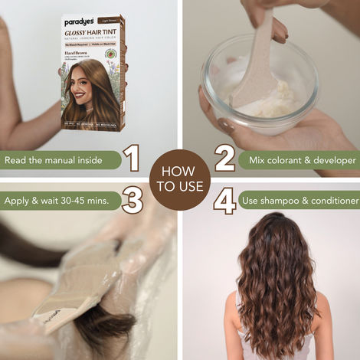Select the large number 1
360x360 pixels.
point(133,159)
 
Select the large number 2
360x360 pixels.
point(224,159)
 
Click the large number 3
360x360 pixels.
point(133,201)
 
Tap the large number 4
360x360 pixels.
point(224,201)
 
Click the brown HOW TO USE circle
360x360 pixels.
point(179,180)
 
